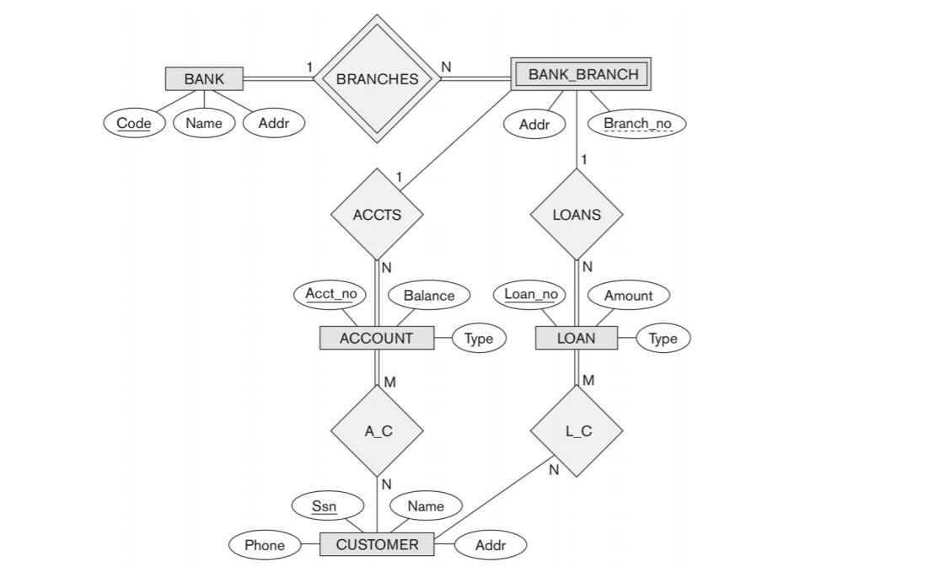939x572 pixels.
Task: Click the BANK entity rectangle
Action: coord(204,79)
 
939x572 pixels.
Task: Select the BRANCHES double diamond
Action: coord(377,79)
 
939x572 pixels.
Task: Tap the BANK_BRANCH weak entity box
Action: coord(582,74)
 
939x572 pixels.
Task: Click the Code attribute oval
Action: coord(134,123)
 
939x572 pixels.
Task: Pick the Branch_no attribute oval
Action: coord(637,124)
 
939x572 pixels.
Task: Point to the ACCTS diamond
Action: coord(377,214)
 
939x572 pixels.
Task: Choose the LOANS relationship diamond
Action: coord(577,214)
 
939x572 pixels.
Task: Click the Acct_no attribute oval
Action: coord(330,294)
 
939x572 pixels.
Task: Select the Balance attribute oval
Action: coord(428,296)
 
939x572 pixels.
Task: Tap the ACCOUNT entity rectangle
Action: coord(377,339)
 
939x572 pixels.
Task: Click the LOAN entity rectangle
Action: coord(577,339)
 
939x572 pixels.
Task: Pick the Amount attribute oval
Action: coord(628,296)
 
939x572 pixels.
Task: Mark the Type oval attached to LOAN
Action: coord(663,339)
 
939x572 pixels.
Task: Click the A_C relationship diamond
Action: coord(377,430)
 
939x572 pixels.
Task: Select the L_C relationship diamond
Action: coord(577,430)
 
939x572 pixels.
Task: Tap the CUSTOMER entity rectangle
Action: coord(377,545)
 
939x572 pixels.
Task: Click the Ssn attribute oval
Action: coord(328,506)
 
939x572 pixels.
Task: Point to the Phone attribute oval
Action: coord(265,545)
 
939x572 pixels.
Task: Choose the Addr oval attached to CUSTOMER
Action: coord(491,545)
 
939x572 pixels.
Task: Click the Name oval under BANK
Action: coord(204,123)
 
